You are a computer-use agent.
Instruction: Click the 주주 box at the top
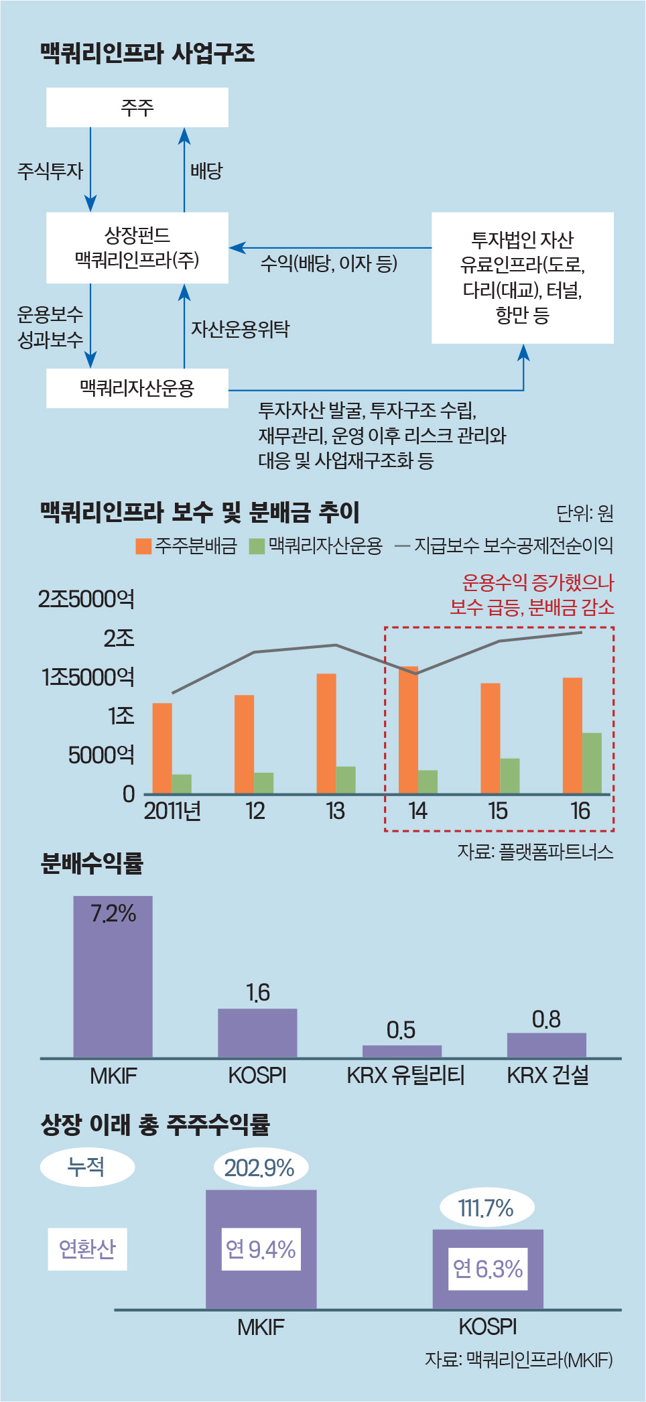point(137,107)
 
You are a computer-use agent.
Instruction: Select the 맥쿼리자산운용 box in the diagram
point(137,388)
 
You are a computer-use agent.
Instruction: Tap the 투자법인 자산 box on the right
point(522,277)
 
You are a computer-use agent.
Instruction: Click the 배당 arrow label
point(206,171)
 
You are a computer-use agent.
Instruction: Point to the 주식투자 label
point(50,171)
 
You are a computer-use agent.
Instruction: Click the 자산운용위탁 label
point(240,329)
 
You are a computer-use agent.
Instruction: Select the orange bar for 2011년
point(162,748)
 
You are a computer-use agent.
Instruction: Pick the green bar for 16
point(592,763)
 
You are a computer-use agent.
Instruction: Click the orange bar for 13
point(326,733)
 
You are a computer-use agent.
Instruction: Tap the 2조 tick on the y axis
point(119,638)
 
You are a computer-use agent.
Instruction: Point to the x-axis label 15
point(497,812)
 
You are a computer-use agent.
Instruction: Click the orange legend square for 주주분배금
point(143,546)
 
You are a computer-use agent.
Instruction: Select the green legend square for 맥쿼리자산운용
point(257,546)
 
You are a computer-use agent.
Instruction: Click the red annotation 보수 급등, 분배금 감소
point(531,607)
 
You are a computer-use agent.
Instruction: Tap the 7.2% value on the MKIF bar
point(113,913)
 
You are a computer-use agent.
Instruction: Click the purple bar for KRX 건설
point(546,1045)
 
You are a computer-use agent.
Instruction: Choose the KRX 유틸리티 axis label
point(405,1076)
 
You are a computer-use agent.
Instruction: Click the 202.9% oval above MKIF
point(260,1168)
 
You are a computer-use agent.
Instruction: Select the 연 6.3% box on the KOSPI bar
point(488,1269)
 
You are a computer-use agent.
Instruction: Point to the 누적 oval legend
point(87,1167)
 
